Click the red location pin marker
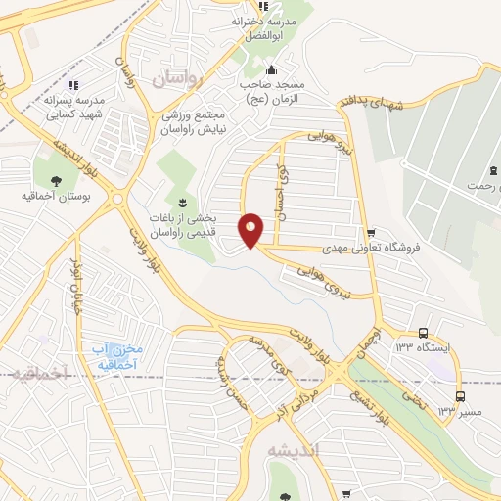pyautogui.click(x=251, y=230)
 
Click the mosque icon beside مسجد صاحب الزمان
pyautogui.click(x=271, y=69)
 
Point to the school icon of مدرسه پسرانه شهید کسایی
pyautogui.click(x=72, y=84)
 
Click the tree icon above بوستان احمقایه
pyautogui.click(x=55, y=180)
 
